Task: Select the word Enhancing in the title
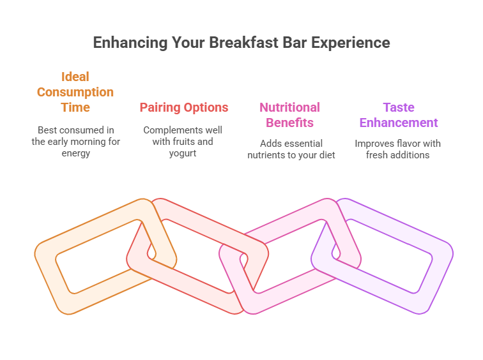127,43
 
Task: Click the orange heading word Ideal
75,77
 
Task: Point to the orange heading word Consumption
75,92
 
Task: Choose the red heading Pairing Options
184,107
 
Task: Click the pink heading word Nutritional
289,107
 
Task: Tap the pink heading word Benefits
289,123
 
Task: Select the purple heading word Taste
399,107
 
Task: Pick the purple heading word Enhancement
399,123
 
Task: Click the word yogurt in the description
183,153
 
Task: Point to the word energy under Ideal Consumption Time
75,153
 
